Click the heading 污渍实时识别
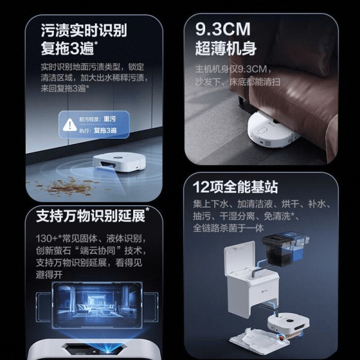84,31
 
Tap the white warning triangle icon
70,125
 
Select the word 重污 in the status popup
110,119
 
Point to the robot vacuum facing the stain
119,161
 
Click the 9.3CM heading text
223,29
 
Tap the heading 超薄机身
226,48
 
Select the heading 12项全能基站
235,187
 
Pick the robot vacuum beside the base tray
289,324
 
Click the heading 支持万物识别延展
91,216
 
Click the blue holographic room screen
97,305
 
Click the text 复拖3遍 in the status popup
105,130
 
